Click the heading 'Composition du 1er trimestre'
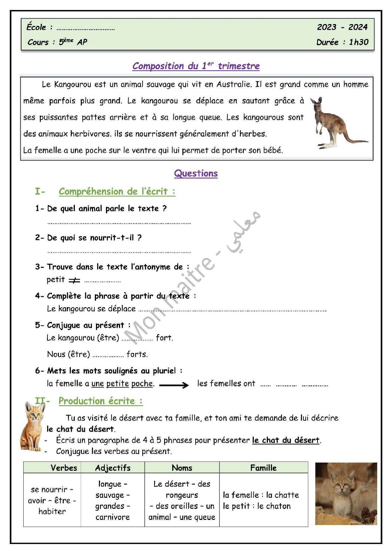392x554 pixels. pyautogui.click(x=196, y=66)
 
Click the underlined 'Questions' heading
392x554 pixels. pyautogui.click(x=196, y=174)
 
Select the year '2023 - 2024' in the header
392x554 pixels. pyautogui.click(x=342, y=27)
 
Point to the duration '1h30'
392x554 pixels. pyautogui.click(x=359, y=42)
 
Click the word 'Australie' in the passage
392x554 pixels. pyautogui.click(x=234, y=84)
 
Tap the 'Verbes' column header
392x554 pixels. pyautogui.click(x=64, y=468)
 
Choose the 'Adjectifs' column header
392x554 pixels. pyautogui.click(x=113, y=468)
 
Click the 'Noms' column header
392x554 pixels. pyautogui.click(x=182, y=468)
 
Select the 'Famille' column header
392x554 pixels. pyautogui.click(x=263, y=468)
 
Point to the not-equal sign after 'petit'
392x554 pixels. pyautogui.click(x=74, y=281)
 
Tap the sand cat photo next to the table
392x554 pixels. pyautogui.click(x=346, y=494)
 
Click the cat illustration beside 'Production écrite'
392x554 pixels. pyautogui.click(x=33, y=426)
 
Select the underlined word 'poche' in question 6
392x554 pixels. pyautogui.click(x=142, y=384)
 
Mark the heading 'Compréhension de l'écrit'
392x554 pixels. pyautogui.click(x=117, y=192)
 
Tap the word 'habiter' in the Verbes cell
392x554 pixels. pyautogui.click(x=52, y=511)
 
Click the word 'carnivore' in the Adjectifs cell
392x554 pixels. pyautogui.click(x=113, y=517)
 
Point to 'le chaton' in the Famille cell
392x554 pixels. pyautogui.click(x=274, y=506)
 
